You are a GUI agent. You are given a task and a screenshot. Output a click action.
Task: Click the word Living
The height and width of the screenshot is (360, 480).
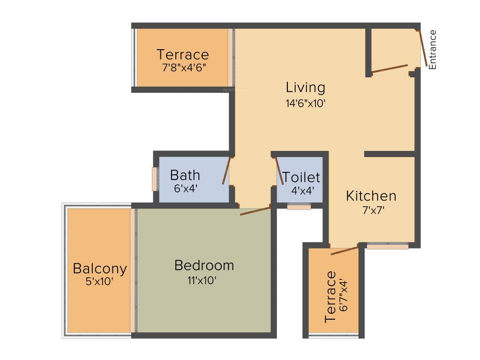click(306, 88)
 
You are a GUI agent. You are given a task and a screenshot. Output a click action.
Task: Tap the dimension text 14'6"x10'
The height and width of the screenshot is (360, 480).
click(306, 103)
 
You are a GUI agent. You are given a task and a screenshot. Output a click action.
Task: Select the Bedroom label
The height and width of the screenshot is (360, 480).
click(204, 265)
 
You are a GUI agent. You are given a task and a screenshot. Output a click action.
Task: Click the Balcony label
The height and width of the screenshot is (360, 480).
click(100, 269)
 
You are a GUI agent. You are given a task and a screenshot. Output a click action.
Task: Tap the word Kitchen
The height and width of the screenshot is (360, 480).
click(371, 196)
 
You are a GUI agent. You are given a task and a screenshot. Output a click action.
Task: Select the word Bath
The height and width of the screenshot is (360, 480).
click(185, 175)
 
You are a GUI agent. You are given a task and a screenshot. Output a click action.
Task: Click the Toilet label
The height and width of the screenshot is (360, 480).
click(301, 178)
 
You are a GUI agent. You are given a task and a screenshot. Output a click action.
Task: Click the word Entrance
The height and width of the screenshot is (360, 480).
click(433, 50)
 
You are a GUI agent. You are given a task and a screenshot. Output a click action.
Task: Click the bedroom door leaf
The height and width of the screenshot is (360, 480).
click(255, 210)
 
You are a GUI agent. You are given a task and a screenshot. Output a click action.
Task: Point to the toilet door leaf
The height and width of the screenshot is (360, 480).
click(278, 171)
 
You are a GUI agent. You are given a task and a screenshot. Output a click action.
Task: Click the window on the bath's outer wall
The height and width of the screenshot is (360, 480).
click(154, 179)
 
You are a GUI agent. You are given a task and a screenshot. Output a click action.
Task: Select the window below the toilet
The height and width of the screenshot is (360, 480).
click(299, 206)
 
